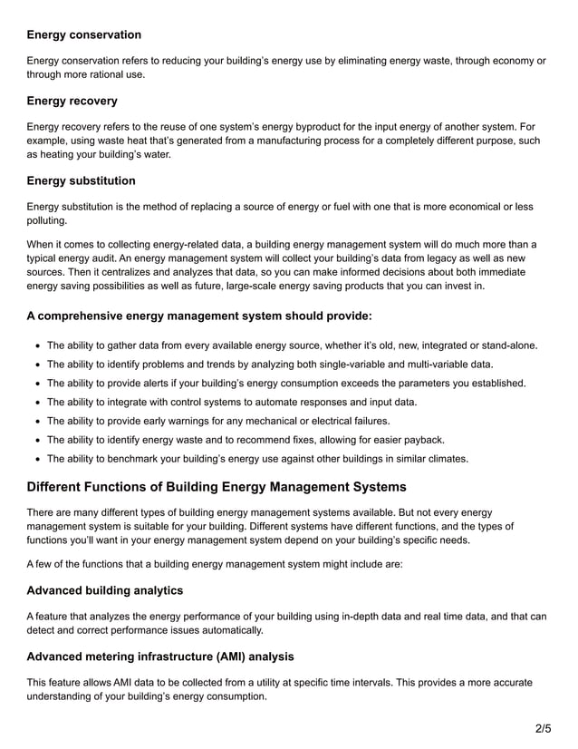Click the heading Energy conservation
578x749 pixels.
pyautogui.click(x=84, y=34)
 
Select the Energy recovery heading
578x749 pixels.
pyautogui.click(x=72, y=100)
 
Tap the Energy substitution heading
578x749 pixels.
pyautogui.click(x=82, y=180)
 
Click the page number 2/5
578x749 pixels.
pyautogui.click(x=542, y=728)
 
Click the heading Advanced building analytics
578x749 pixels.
pyautogui.click(x=105, y=590)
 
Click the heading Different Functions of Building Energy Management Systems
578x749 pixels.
pyautogui.click(x=217, y=487)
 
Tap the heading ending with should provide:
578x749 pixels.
pyautogui.click(x=199, y=316)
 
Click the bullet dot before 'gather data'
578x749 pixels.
pyautogui.click(x=35, y=345)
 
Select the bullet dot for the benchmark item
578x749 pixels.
pyautogui.click(x=35, y=459)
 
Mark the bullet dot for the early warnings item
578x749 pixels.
pyautogui.click(x=35, y=421)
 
